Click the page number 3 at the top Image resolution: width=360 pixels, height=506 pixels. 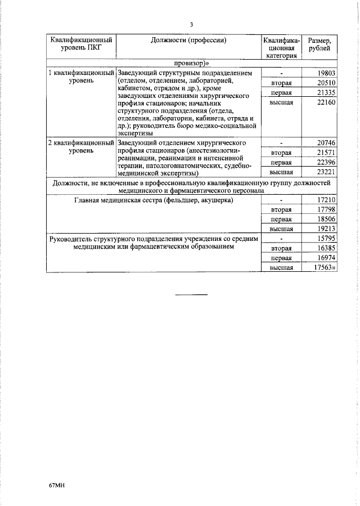click(x=191, y=25)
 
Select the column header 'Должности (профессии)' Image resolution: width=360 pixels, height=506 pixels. click(x=188, y=41)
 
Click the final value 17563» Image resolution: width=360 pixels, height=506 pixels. click(x=325, y=268)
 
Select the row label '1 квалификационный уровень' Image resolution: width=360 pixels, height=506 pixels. click(x=81, y=77)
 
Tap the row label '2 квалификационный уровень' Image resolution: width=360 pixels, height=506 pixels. click(x=81, y=147)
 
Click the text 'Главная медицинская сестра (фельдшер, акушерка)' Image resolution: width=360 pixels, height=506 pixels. click(x=154, y=200)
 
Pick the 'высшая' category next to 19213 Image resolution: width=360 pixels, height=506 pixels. click(x=281, y=229)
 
